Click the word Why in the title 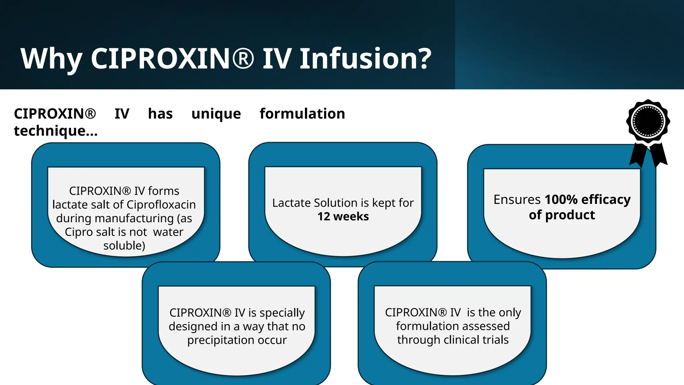click(51, 59)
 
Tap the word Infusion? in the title click(365, 59)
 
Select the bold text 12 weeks click(343, 217)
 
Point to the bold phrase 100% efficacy click(587, 200)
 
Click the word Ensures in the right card click(517, 200)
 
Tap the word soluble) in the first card click(124, 246)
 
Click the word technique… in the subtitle click(56, 131)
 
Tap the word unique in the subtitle click(216, 114)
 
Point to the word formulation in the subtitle click(302, 114)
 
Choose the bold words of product click(562, 215)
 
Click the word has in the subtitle click(160, 114)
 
